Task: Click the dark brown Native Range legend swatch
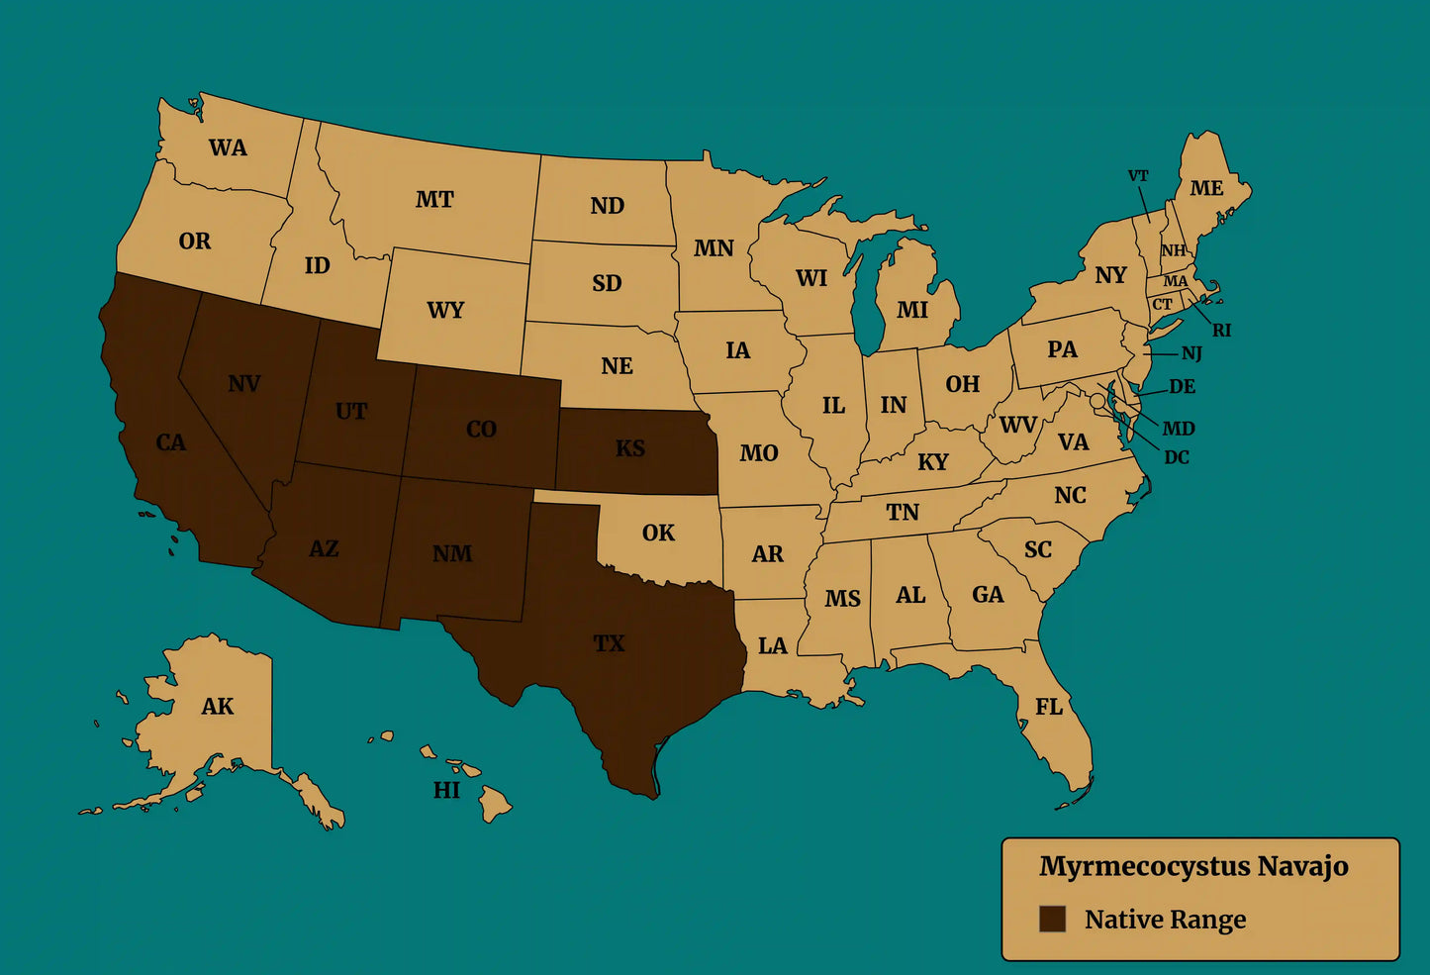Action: pyautogui.click(x=1052, y=919)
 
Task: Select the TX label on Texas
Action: pyautogui.click(x=609, y=643)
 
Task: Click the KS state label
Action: pyautogui.click(x=630, y=448)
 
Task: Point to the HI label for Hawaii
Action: pyautogui.click(x=446, y=790)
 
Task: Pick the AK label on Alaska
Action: pyautogui.click(x=218, y=706)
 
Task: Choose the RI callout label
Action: pyautogui.click(x=1222, y=331)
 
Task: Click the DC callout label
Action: pyautogui.click(x=1177, y=457)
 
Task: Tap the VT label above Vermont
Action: pyautogui.click(x=1138, y=176)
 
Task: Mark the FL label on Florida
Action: pyautogui.click(x=1049, y=706)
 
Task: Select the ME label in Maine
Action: pyautogui.click(x=1206, y=188)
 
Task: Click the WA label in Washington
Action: pyautogui.click(x=228, y=147)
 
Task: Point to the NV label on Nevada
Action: pyautogui.click(x=243, y=383)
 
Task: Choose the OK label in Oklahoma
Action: pyautogui.click(x=658, y=533)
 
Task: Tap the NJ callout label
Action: pyautogui.click(x=1192, y=353)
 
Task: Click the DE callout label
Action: pyautogui.click(x=1182, y=386)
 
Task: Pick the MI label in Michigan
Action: pyautogui.click(x=912, y=310)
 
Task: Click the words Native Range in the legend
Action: pyautogui.click(x=1165, y=920)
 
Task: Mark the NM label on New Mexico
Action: pyautogui.click(x=452, y=553)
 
